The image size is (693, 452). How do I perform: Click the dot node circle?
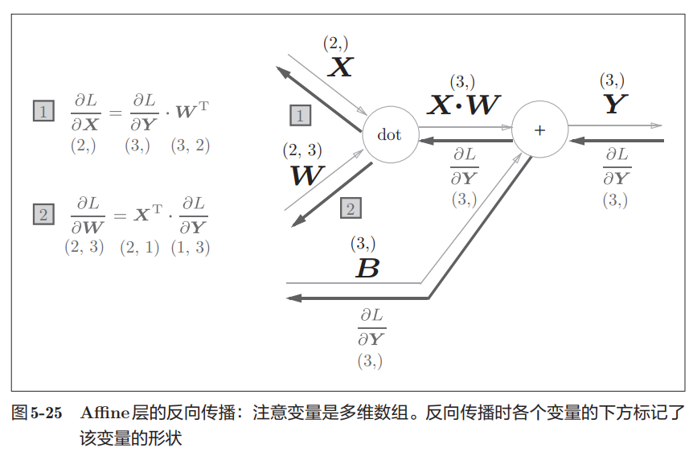[389, 134]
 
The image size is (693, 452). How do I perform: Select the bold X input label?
[341, 67]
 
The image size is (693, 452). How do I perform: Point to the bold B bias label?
[367, 268]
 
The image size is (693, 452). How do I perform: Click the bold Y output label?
[614, 104]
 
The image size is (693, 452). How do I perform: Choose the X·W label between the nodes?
[464, 105]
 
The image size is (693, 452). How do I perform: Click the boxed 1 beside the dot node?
[300, 116]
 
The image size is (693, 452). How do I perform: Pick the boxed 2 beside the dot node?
[351, 209]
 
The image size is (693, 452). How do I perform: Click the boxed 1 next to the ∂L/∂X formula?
[43, 110]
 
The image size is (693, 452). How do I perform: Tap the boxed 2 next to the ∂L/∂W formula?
[43, 215]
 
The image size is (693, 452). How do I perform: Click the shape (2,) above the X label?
[335, 43]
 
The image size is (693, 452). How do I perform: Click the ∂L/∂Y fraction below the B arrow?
[371, 326]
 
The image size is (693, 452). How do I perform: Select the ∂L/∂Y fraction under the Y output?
[617, 166]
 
